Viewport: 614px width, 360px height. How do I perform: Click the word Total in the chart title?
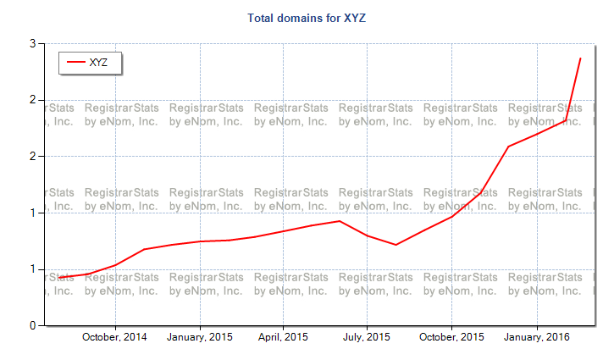[262, 17]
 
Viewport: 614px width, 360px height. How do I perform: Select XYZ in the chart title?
[355, 17]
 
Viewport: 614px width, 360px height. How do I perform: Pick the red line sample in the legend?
[76, 62]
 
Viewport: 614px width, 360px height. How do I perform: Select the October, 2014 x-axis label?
[114, 337]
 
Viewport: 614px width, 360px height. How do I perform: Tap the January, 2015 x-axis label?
[199, 337]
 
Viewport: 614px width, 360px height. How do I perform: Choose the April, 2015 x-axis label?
[283, 337]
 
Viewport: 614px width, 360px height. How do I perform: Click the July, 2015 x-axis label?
[367, 337]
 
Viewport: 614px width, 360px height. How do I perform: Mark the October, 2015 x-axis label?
[451, 337]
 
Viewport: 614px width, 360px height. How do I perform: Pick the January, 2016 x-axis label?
[536, 337]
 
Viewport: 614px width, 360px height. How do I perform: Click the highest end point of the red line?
[580, 58]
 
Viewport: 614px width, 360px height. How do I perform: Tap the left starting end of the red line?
[58, 278]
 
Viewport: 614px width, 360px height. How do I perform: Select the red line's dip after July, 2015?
[396, 245]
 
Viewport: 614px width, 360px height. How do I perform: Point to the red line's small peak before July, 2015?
[340, 221]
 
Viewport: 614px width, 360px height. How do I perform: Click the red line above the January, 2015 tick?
[200, 241]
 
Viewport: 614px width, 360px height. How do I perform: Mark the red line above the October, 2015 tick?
[451, 217]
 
